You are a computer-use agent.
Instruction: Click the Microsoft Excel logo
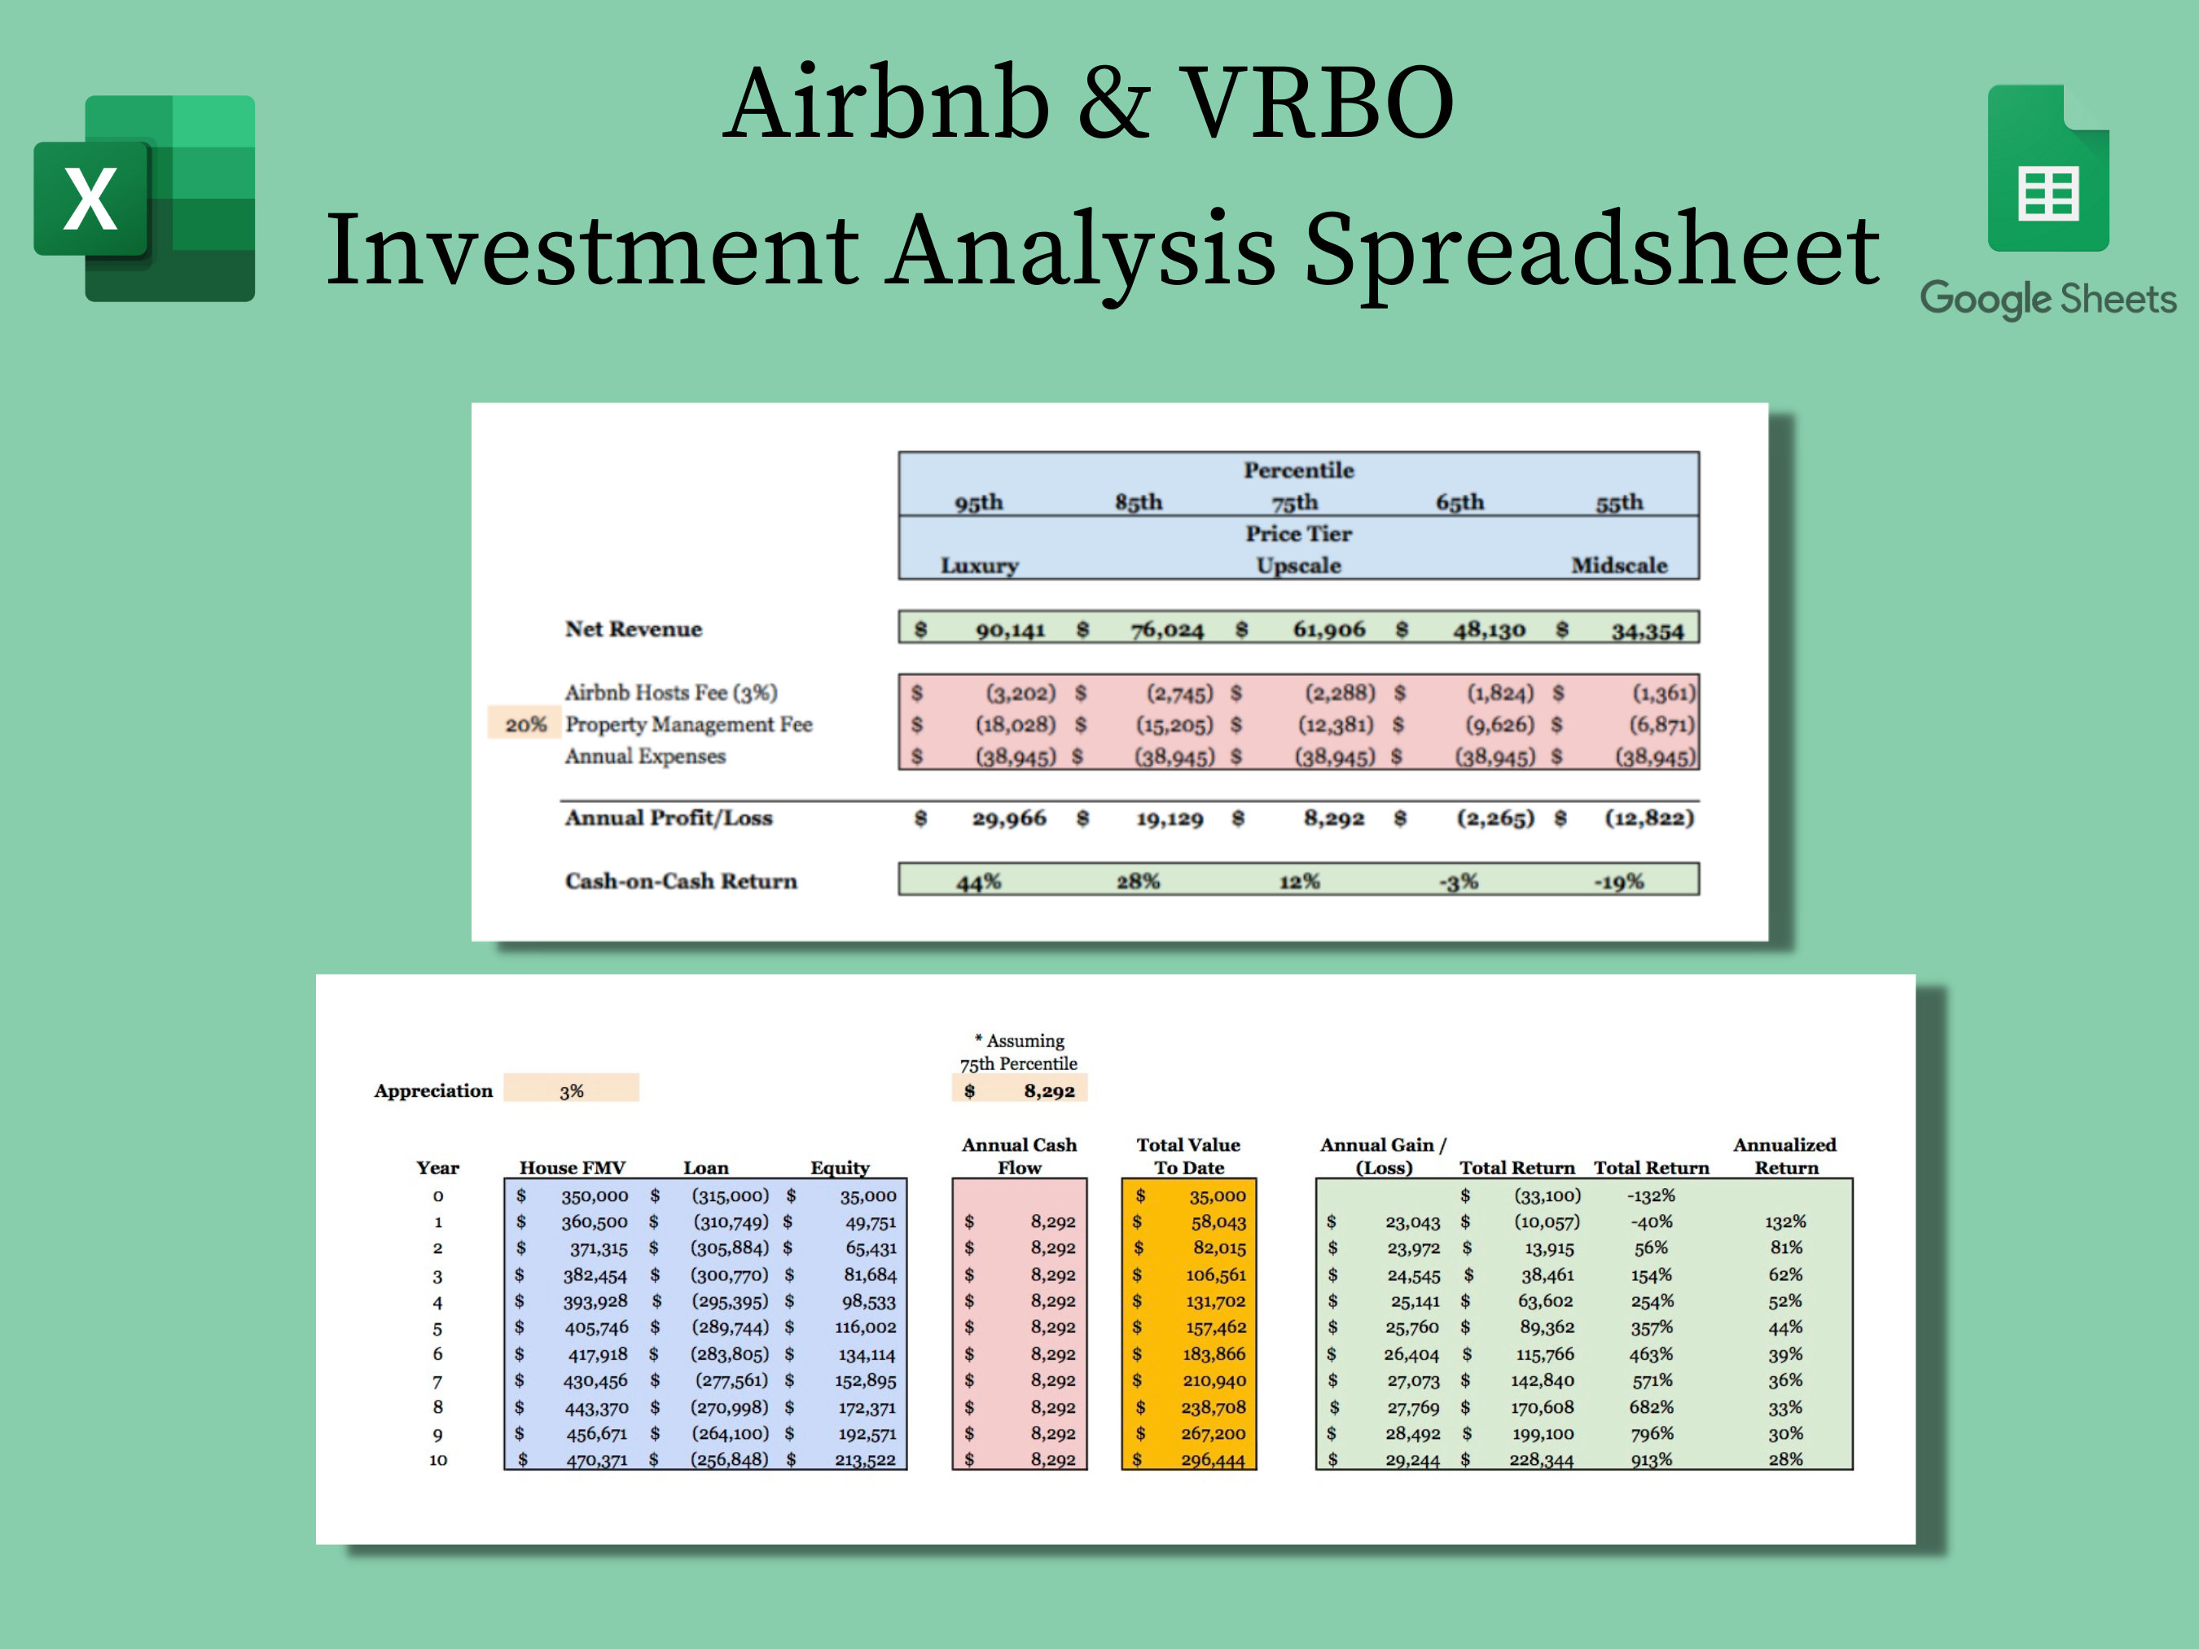point(145,199)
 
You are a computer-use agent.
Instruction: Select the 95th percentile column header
point(978,502)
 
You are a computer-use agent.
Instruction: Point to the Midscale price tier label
point(1618,566)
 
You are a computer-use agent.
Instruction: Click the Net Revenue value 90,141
point(1010,630)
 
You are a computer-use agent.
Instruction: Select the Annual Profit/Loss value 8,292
point(1333,818)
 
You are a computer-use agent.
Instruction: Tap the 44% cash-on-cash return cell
point(978,882)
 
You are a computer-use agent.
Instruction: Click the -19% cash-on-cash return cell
point(1618,882)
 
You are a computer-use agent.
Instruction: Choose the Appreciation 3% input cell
point(571,1090)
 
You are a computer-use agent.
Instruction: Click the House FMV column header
point(572,1168)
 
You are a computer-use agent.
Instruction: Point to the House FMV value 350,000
point(595,1195)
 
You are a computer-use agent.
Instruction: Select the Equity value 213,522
point(865,1460)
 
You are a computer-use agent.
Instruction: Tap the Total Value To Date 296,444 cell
point(1213,1460)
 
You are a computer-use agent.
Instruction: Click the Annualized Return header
point(1785,1156)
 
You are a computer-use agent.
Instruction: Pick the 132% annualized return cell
point(1785,1221)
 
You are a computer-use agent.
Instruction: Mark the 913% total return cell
point(1651,1460)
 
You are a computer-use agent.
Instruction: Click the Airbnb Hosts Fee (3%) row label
point(671,693)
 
